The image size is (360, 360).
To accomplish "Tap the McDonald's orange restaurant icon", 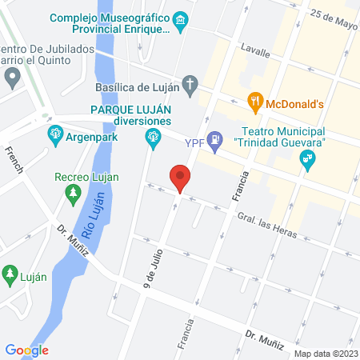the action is tap(256, 102).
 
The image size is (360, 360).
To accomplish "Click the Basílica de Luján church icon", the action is tap(190, 82).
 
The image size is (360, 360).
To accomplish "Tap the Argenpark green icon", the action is tap(55, 132).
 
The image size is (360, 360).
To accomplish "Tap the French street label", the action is tap(14, 160).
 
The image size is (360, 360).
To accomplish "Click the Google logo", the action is tap(26, 350).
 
